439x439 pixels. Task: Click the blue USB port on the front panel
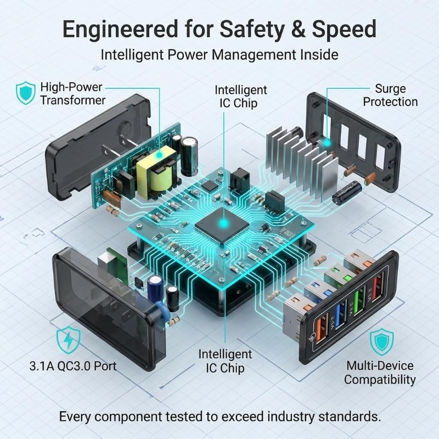[x=339, y=316]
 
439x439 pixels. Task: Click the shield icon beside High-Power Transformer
[x=26, y=93]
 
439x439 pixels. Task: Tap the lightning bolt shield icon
[x=68, y=340]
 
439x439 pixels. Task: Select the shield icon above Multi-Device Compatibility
[x=381, y=342]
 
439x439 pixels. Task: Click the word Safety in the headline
[x=252, y=30]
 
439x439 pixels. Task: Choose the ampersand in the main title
[x=299, y=29]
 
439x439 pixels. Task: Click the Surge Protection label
[x=390, y=95]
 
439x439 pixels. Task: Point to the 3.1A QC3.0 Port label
[x=73, y=366]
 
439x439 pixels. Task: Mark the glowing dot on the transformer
[x=159, y=155]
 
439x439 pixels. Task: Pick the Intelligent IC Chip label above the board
[x=241, y=97]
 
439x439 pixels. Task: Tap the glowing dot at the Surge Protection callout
[x=327, y=143]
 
